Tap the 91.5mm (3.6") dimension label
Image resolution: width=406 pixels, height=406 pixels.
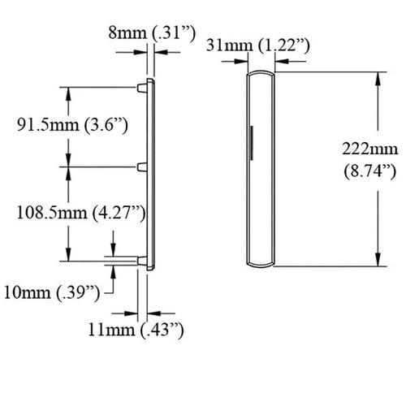(73, 125)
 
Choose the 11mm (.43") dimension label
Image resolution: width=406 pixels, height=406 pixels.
(137, 330)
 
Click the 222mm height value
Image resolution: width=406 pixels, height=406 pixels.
(365, 149)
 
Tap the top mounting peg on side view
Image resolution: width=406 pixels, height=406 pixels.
(142, 84)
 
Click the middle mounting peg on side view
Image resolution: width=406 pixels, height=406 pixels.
(142, 166)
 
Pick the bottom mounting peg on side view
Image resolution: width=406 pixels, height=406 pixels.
(142, 261)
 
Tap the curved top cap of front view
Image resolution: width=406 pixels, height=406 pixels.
(261, 74)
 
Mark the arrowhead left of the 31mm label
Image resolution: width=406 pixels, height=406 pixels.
(239, 57)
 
